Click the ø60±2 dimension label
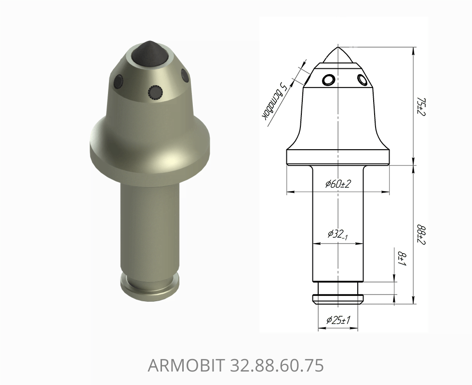tap(338, 184)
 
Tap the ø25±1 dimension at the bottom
tap(338, 320)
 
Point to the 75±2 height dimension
tap(421, 107)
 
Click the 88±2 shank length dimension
tap(421, 234)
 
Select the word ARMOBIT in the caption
tap(186, 365)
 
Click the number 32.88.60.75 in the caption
tap(277, 365)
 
